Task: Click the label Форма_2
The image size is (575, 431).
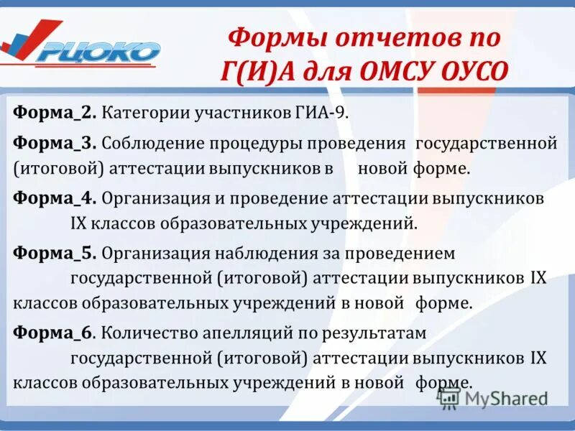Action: (53, 113)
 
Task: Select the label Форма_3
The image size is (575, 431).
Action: (53, 143)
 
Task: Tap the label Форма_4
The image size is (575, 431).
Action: (53, 198)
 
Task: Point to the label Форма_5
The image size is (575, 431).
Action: (53, 253)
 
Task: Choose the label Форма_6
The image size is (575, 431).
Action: (53, 333)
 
